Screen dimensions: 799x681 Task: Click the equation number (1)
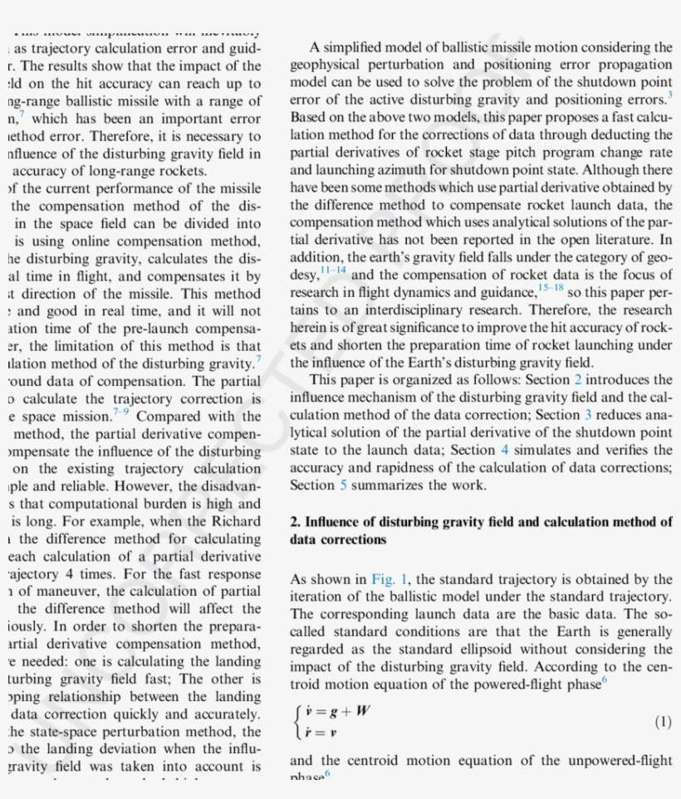click(663, 722)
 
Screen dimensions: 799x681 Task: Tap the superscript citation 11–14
click(334, 270)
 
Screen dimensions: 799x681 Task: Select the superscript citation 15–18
click(550, 287)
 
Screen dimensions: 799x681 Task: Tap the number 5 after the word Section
click(344, 485)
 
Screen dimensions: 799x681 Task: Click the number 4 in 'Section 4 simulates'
click(505, 451)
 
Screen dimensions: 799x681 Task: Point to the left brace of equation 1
click(297, 721)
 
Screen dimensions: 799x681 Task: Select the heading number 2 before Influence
click(295, 523)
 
